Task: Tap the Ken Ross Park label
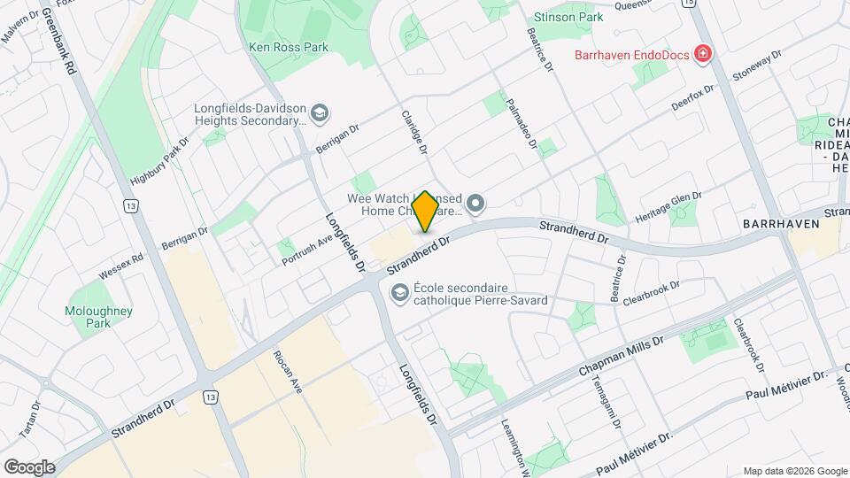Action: pos(289,47)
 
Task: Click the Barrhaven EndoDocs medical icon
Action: pos(703,55)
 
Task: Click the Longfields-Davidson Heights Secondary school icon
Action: pos(319,112)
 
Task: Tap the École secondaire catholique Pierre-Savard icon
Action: pos(400,292)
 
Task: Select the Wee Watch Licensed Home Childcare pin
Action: pos(475,205)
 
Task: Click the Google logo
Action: pos(29,466)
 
